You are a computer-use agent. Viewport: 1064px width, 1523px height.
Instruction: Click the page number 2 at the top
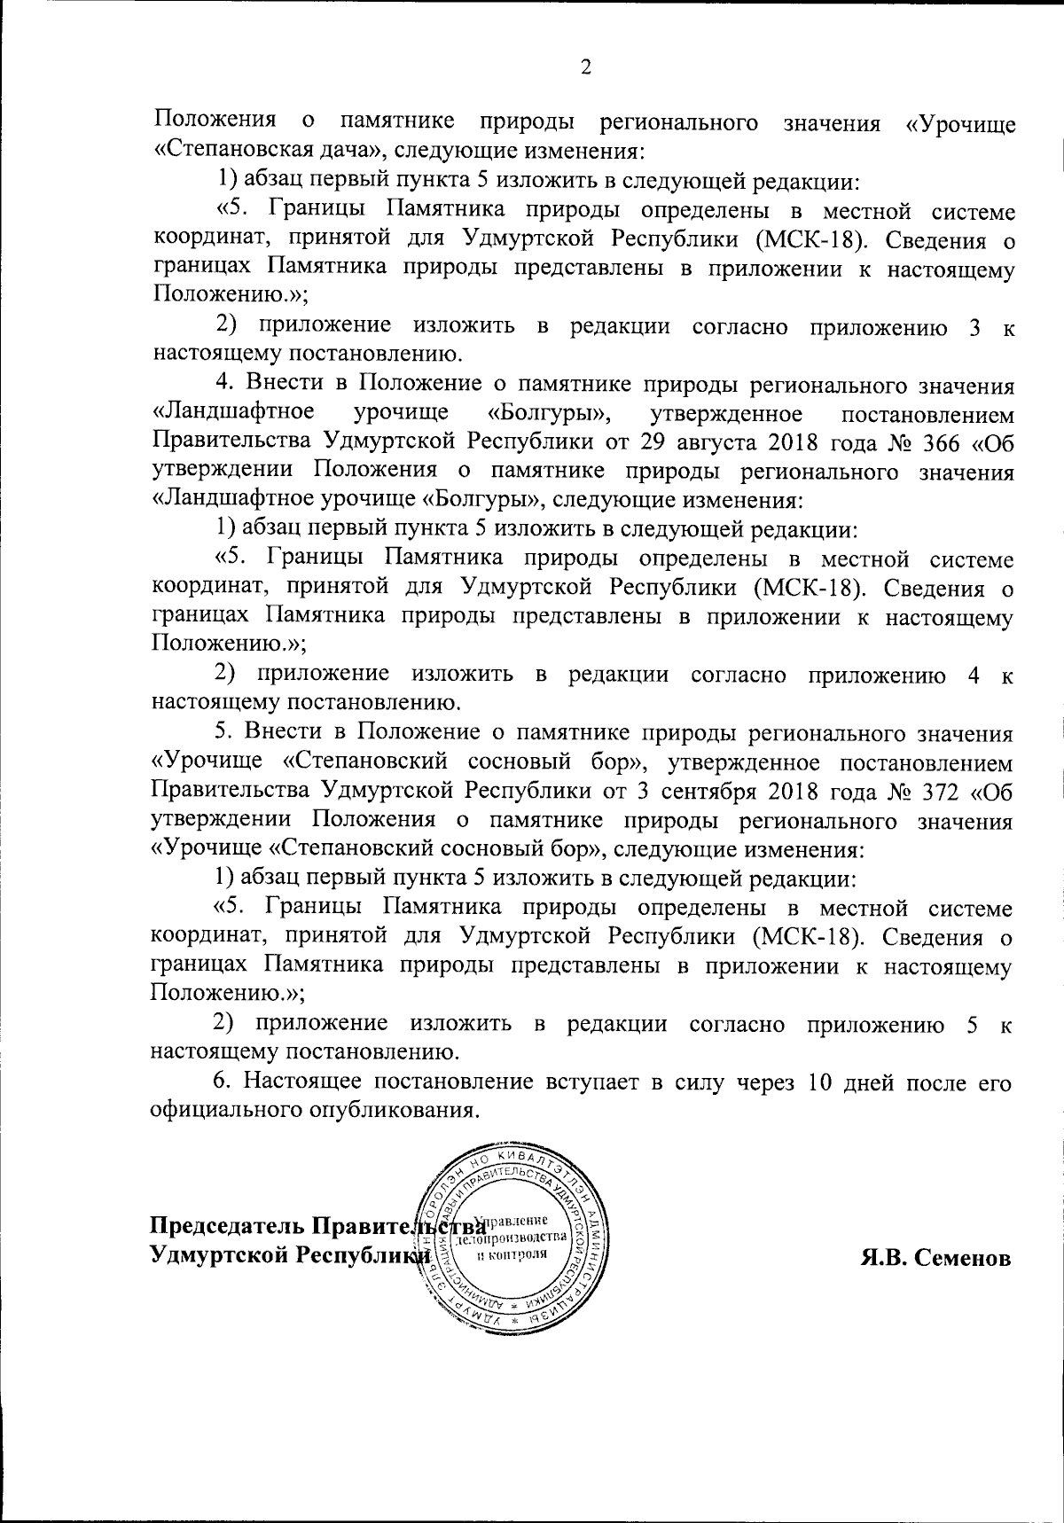[x=584, y=67]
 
